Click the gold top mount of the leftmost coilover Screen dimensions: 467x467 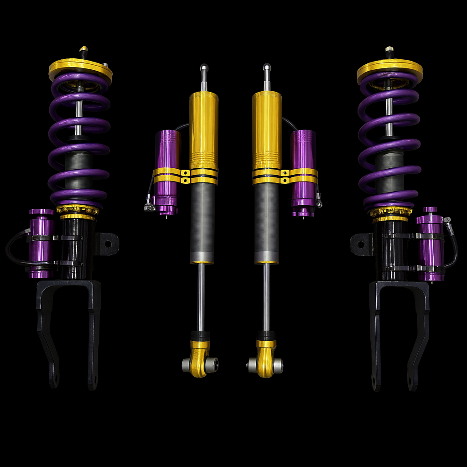[x=80, y=68]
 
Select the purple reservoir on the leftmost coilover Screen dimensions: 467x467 [x=41, y=244]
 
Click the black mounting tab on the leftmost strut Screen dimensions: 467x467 [x=108, y=244]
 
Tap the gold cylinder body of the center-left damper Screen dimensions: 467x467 [x=204, y=128]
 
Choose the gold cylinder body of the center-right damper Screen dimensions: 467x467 [x=267, y=128]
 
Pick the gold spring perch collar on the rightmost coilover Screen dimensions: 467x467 [x=390, y=213]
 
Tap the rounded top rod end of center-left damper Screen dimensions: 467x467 [x=204, y=68]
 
